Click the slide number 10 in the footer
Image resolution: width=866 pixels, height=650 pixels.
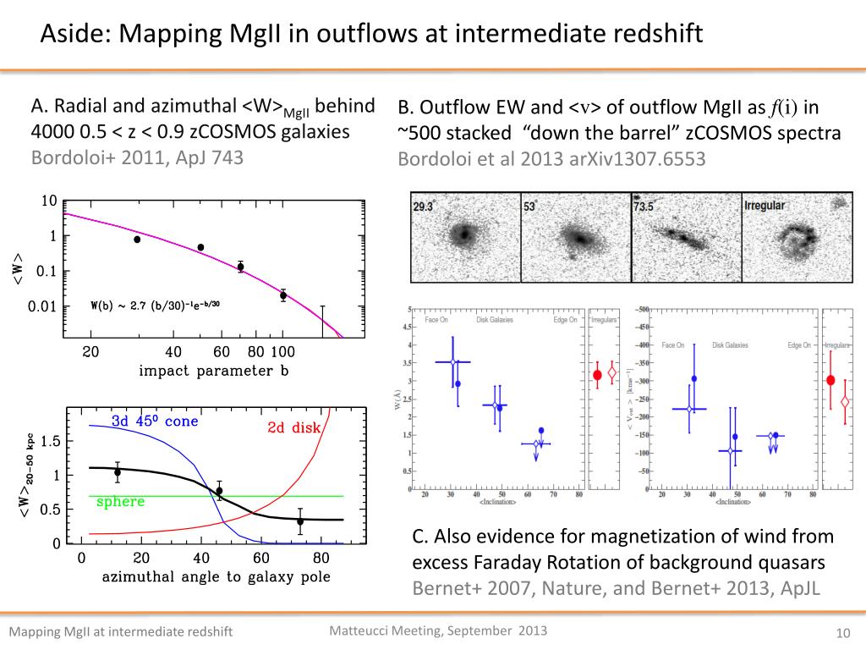click(841, 633)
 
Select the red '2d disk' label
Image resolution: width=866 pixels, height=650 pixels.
click(294, 427)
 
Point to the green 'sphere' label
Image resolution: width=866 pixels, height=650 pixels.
click(121, 502)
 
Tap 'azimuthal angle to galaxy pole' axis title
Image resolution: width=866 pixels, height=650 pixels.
click(216, 577)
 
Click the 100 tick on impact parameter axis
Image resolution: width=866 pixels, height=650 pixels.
click(283, 352)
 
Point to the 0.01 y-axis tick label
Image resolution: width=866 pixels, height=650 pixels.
click(42, 306)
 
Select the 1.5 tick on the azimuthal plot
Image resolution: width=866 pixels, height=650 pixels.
click(50, 441)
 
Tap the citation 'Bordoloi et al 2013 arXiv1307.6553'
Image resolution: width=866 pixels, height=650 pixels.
click(551, 159)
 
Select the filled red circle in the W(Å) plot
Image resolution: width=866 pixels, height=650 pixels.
click(597, 375)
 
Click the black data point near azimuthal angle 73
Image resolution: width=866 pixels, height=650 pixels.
click(300, 521)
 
